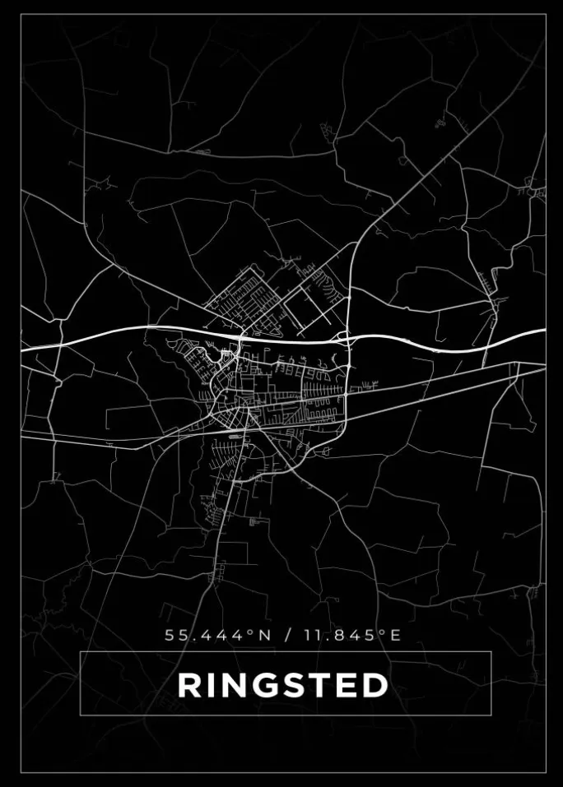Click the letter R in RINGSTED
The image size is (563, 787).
(x=189, y=685)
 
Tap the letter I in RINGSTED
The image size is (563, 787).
(x=209, y=685)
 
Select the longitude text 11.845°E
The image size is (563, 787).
(x=353, y=636)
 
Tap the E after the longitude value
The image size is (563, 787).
(x=396, y=636)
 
